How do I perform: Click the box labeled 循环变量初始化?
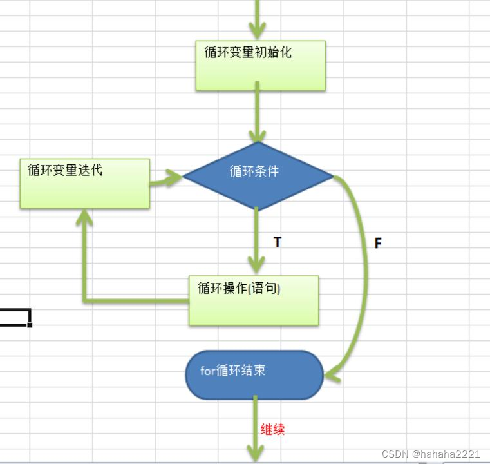tap(260, 65)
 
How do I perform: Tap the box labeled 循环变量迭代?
tap(84, 183)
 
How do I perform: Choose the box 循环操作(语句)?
tap(254, 300)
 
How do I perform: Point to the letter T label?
tap(278, 242)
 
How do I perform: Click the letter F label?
tap(378, 243)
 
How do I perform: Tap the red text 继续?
tap(272, 429)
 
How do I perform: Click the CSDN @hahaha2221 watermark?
tap(431, 454)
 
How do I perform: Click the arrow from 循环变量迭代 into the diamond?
tap(166, 179)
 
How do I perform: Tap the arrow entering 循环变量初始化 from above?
tap(258, 19)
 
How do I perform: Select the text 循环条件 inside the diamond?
tap(254, 171)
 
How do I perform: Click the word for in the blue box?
tap(207, 371)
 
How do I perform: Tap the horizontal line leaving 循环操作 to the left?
tap(135, 301)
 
